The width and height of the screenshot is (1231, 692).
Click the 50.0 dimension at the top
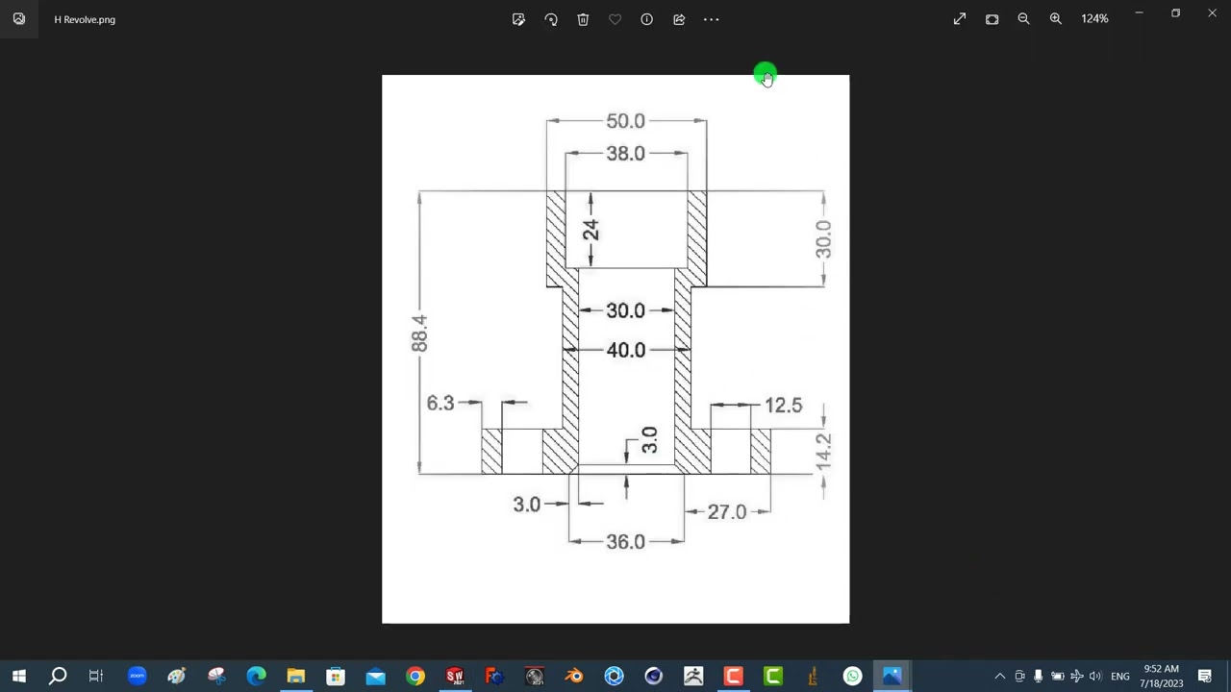coord(625,121)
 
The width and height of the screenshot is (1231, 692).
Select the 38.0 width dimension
coord(625,154)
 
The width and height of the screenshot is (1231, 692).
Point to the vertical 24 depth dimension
coord(590,230)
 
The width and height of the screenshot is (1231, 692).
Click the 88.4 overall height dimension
coord(419,333)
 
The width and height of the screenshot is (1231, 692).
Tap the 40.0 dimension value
coord(625,351)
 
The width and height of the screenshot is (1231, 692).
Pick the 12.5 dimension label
coord(783,406)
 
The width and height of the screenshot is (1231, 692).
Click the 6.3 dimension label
coord(440,403)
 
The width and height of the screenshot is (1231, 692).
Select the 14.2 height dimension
coord(823,452)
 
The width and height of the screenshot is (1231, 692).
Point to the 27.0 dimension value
coord(726,512)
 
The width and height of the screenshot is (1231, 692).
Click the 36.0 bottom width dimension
coord(625,542)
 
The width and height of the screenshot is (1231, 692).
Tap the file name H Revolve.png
coord(85,19)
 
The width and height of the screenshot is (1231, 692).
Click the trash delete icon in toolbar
coord(583,19)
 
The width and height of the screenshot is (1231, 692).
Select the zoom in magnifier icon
coord(1056,19)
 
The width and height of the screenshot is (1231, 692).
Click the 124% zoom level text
coord(1094,19)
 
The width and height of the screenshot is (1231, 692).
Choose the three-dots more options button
coord(711,19)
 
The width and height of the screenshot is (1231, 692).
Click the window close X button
coord(1212,13)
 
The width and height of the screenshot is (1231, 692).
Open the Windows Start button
coord(19,677)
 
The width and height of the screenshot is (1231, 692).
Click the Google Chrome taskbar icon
coord(415,677)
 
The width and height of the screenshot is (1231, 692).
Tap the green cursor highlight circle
coord(765,75)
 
